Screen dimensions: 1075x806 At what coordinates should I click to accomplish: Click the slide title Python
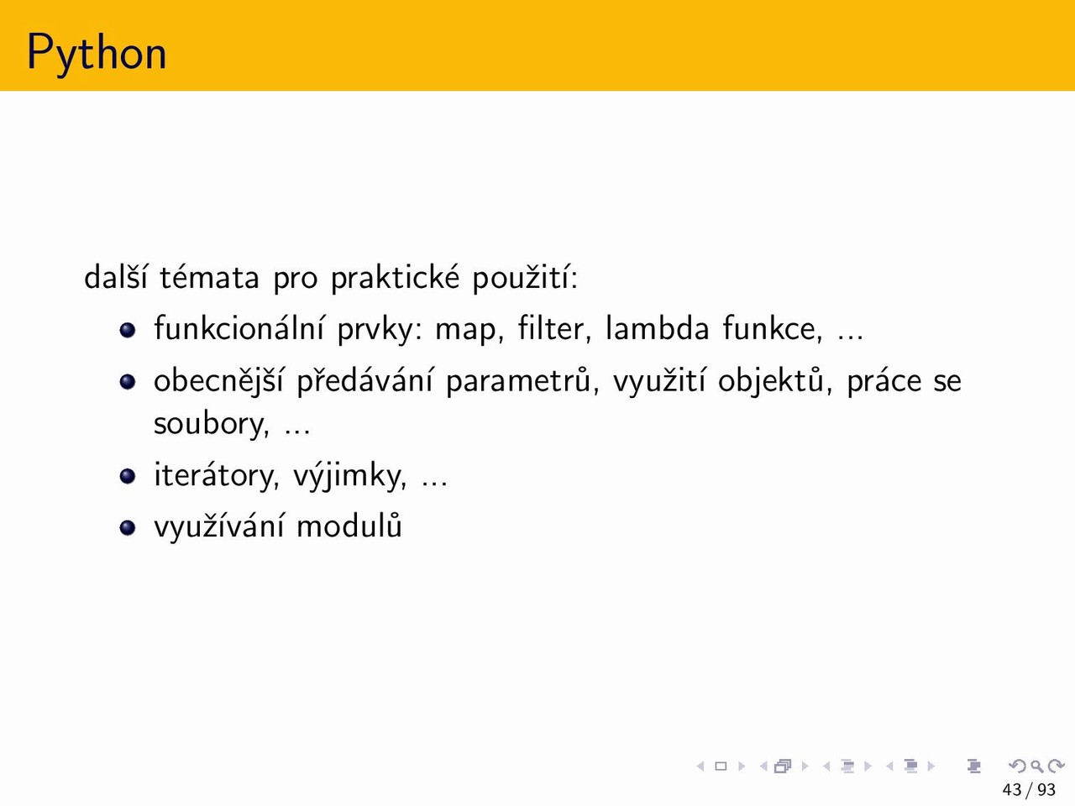click(x=97, y=52)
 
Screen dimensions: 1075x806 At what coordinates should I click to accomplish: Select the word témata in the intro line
click(x=209, y=277)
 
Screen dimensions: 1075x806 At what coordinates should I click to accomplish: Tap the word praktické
click(x=396, y=277)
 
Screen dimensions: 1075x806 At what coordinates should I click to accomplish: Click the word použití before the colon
click(x=520, y=277)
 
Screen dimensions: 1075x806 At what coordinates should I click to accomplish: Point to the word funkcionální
click(x=239, y=327)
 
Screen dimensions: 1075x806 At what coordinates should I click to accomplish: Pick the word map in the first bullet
click(x=469, y=331)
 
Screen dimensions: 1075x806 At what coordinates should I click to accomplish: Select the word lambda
click(x=658, y=327)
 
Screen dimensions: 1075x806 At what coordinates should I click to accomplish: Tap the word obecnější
click(x=218, y=380)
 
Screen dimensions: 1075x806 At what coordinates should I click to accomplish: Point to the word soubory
click(x=211, y=423)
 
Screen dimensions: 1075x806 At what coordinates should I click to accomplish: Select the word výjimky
click(x=349, y=475)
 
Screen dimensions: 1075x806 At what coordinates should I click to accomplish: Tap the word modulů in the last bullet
click(x=349, y=526)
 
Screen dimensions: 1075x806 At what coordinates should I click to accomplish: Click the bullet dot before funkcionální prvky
click(x=128, y=330)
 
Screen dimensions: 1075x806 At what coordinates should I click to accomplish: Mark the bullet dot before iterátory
click(x=128, y=476)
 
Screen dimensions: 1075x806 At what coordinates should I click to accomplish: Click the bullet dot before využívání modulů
click(x=128, y=527)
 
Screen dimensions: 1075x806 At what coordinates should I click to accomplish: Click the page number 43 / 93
click(x=1029, y=789)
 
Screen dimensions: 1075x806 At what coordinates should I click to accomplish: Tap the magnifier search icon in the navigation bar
click(x=1036, y=766)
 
